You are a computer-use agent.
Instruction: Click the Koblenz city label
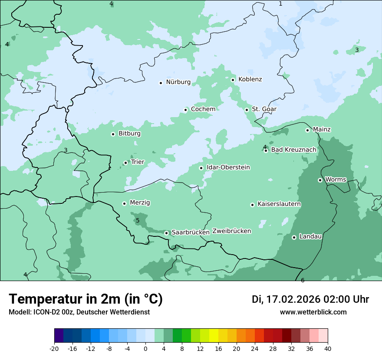point(250,79)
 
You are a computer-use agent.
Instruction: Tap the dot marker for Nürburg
point(161,83)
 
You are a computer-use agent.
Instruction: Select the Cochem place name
point(203,109)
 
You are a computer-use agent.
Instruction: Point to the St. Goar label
point(264,109)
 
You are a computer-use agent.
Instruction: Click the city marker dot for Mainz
point(307,130)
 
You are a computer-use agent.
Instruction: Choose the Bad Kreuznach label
point(293,150)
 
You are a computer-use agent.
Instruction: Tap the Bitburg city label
point(129,134)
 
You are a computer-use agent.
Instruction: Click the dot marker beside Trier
point(125,163)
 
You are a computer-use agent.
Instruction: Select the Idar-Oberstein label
point(228,167)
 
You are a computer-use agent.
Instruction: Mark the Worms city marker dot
point(320,180)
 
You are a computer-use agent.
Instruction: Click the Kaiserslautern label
point(279,204)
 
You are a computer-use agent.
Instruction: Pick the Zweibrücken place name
point(231,231)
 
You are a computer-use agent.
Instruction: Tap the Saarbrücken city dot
point(166,233)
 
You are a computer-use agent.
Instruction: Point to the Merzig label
point(140,203)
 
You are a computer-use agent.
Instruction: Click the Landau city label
point(310,237)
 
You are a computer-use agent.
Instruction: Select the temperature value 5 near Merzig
point(138,221)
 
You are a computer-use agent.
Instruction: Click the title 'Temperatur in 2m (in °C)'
point(86,299)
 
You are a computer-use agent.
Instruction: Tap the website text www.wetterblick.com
point(313,312)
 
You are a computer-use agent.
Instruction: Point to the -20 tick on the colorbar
point(54,349)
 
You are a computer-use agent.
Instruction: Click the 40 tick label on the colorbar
point(328,349)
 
